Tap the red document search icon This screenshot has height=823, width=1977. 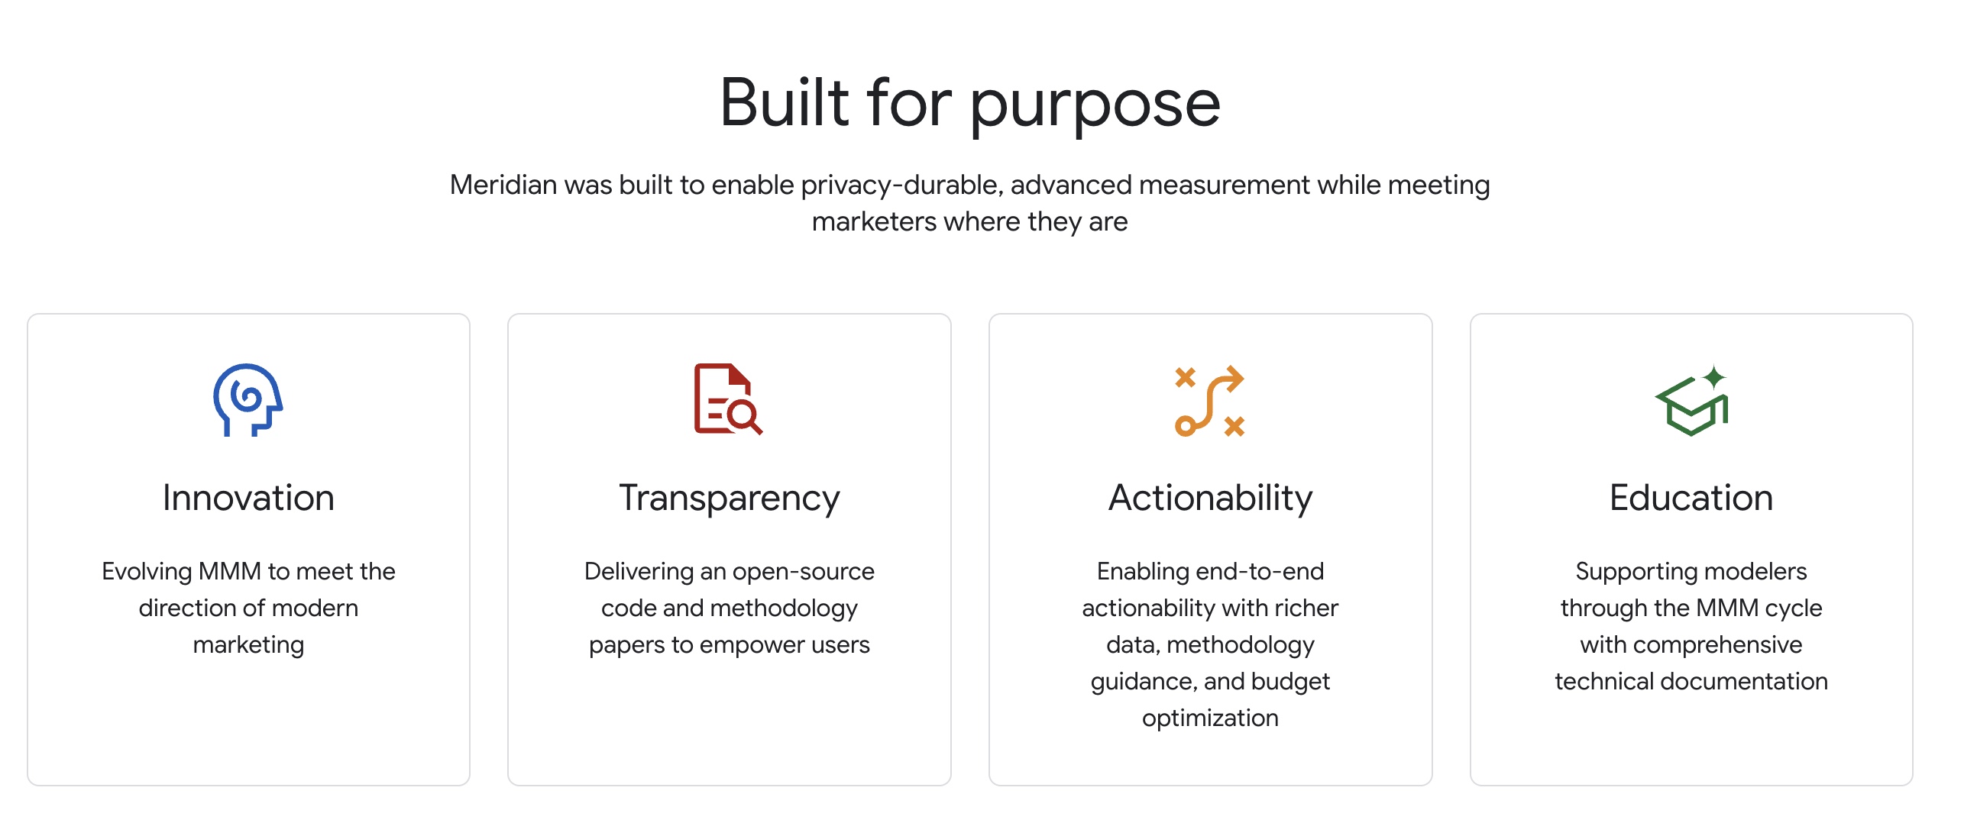pos(727,399)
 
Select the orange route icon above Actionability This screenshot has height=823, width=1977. pos(1209,401)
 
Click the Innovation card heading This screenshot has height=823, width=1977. pos(249,498)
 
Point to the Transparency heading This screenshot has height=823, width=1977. pos(729,499)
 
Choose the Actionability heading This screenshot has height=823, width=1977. pos(1210,499)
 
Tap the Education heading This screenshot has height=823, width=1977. pos(1691,498)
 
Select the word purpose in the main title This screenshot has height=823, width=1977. pos(1095,108)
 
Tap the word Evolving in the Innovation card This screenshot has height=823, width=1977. pos(147,572)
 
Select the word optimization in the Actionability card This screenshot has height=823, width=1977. pos(1210,718)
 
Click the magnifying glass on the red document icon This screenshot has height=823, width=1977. pos(744,417)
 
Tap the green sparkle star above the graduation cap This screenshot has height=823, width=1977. pos(1714,377)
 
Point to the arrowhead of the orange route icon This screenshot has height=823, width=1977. pos(1233,379)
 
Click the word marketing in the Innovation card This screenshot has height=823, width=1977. pos(249,646)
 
